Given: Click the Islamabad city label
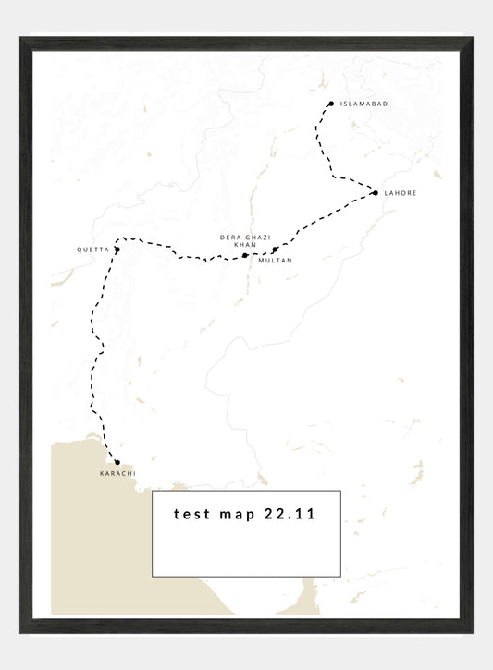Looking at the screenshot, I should coord(364,105).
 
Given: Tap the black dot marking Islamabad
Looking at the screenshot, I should coord(330,104).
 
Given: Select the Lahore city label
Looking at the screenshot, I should coord(401,193).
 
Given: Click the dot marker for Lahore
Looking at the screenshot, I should coord(375,192).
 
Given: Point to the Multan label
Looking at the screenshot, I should coord(276,261).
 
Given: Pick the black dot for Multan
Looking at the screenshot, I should coord(275,250).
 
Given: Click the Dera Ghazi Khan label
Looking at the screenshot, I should coord(245,241).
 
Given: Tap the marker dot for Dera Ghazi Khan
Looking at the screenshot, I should coord(244,255).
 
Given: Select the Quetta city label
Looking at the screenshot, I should coord(92,250).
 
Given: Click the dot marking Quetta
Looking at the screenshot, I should coord(117,250).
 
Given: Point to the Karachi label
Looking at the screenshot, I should coord(117,474).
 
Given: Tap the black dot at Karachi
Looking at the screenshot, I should coord(117,462).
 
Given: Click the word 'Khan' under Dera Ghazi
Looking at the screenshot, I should coord(245,245).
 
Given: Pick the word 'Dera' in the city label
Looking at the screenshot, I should coord(229,238).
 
